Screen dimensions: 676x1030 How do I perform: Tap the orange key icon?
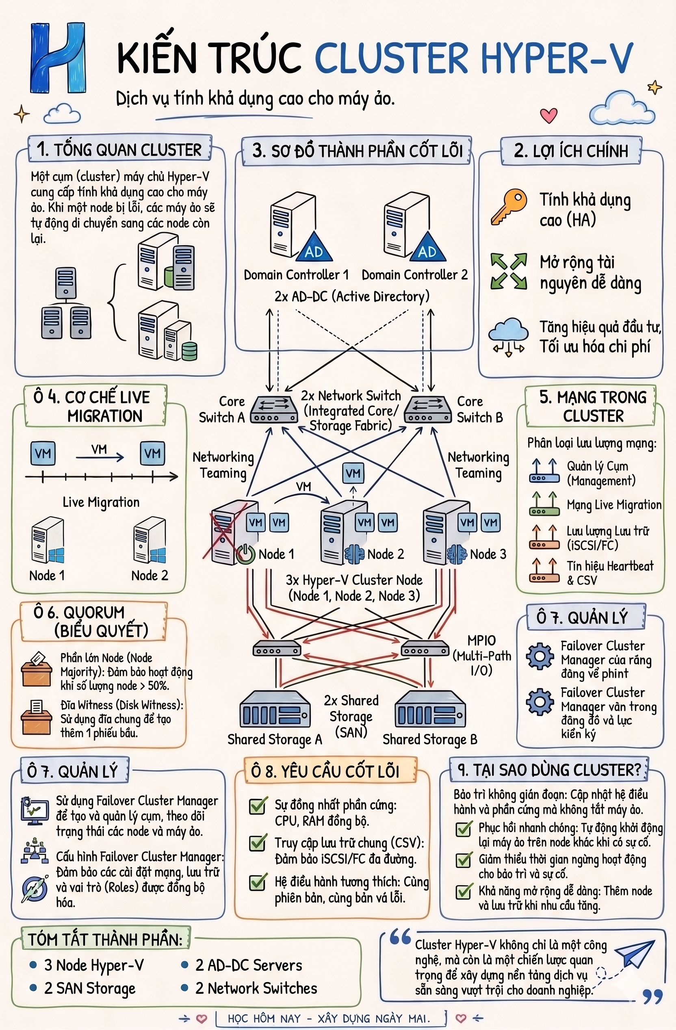pyautogui.click(x=509, y=206)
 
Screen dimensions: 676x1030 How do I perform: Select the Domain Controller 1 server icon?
pyautogui.click(x=293, y=225)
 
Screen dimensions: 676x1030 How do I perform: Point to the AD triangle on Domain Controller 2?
pyautogui.click(x=427, y=247)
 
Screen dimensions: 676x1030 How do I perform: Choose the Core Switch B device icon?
pyautogui.click(x=428, y=409)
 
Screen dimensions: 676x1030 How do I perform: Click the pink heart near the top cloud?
pyautogui.click(x=549, y=115)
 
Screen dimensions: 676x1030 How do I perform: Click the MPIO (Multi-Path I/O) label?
pyautogui.click(x=482, y=655)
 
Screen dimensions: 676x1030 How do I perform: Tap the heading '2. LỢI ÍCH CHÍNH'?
pyautogui.click(x=571, y=151)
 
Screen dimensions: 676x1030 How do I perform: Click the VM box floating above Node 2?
pyautogui.click(x=353, y=473)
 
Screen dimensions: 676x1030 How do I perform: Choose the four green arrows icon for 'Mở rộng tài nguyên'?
pyautogui.click(x=509, y=271)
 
